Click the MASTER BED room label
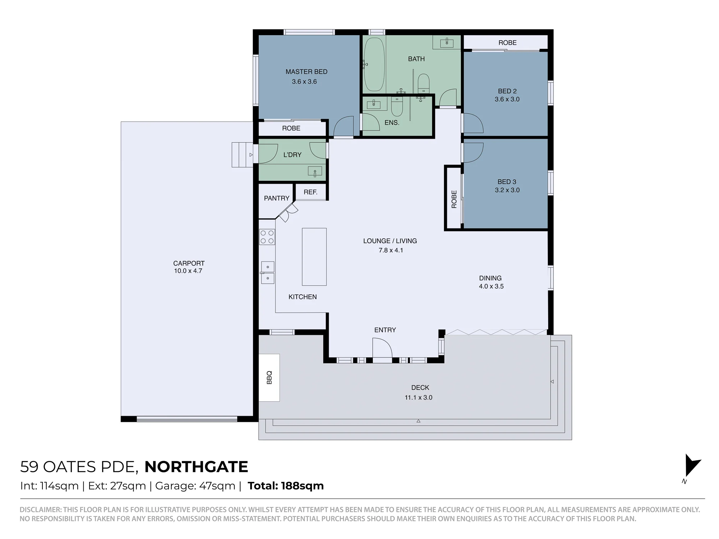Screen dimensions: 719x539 pyautogui.click(x=306, y=72)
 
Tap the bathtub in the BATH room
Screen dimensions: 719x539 pyautogui.click(x=374, y=65)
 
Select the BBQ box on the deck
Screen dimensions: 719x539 pyautogui.click(x=269, y=378)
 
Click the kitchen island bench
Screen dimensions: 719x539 pyautogui.click(x=314, y=257)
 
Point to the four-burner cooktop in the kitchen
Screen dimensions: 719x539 pyautogui.click(x=267, y=237)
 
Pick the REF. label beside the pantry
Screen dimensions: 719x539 pyautogui.click(x=311, y=192)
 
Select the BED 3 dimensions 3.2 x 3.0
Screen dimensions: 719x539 pyautogui.click(x=507, y=190)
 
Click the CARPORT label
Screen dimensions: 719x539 pyautogui.click(x=189, y=263)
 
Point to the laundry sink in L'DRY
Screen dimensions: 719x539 pyautogui.click(x=315, y=171)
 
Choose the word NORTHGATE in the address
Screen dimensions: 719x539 pyautogui.click(x=196, y=467)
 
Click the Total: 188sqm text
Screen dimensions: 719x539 pyautogui.click(x=286, y=486)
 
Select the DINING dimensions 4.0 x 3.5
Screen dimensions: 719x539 pyautogui.click(x=491, y=286)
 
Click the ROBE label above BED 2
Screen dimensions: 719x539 pyautogui.click(x=507, y=43)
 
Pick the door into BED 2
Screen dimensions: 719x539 pyautogui.click(x=473, y=123)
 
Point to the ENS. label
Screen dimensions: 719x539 pyautogui.click(x=392, y=123)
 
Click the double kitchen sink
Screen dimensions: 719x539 pyautogui.click(x=267, y=272)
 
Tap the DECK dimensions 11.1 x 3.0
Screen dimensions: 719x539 pyautogui.click(x=418, y=397)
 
